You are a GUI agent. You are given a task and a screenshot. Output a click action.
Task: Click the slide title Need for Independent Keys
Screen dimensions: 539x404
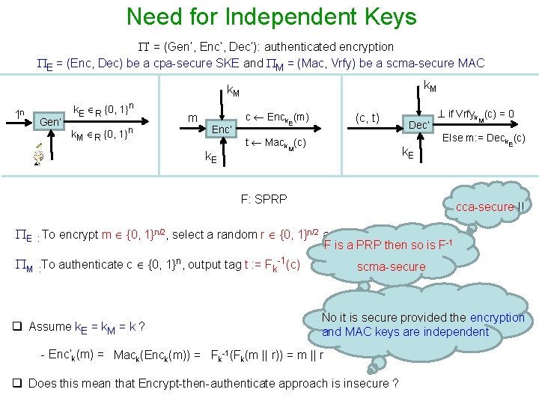pos(271,16)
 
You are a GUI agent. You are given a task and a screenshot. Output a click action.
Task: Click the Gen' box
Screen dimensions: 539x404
pos(52,121)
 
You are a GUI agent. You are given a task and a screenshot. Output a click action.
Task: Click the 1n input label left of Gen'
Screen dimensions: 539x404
pos(20,114)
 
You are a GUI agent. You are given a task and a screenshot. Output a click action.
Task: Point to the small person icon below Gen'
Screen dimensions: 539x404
pos(38,155)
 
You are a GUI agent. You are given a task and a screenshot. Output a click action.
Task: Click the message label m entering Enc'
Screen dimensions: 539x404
pos(192,118)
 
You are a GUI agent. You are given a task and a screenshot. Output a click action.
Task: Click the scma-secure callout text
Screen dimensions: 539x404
pos(391,267)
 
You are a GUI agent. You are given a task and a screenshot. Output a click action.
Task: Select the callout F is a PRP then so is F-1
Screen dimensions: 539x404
pos(388,245)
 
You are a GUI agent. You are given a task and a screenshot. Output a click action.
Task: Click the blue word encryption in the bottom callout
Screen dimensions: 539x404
pos(498,317)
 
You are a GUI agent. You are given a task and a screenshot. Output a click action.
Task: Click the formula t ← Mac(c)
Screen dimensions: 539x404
pos(275,142)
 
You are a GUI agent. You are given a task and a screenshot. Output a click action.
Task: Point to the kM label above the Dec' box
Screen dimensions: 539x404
pos(431,88)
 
